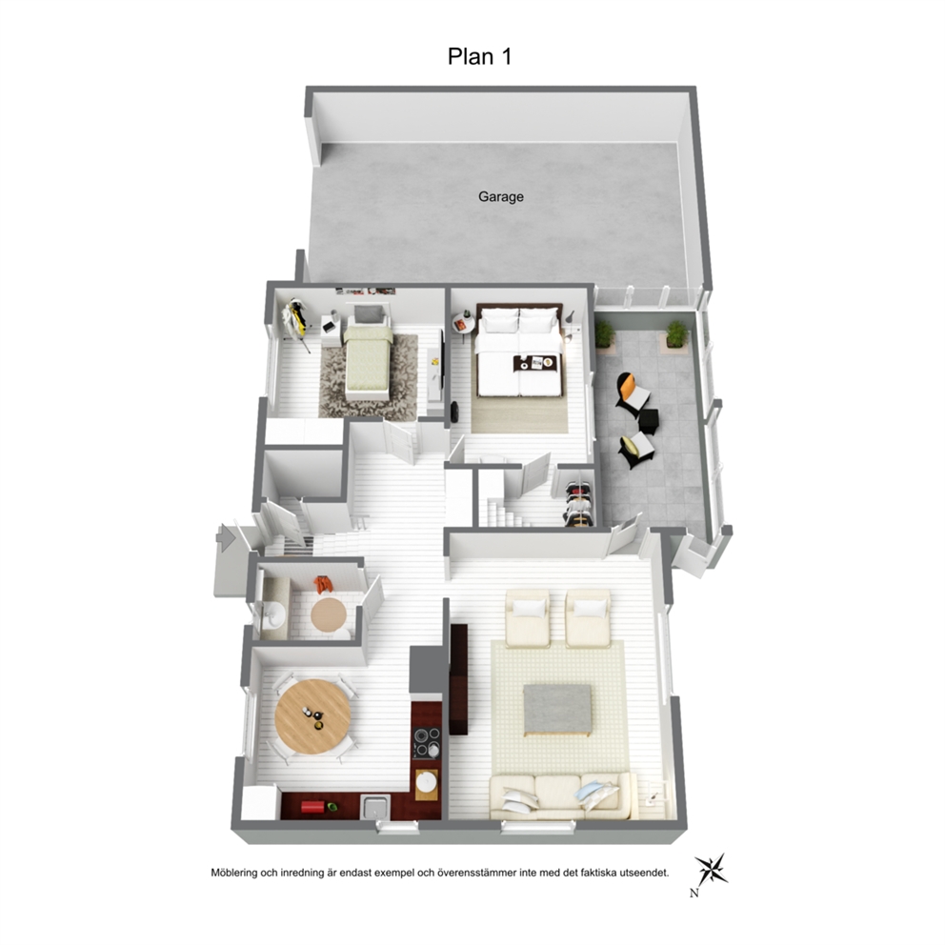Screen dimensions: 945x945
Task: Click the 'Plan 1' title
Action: point(479,56)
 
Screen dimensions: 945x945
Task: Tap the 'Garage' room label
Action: point(501,196)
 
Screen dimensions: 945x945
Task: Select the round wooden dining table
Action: point(312,716)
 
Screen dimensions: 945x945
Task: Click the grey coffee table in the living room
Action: point(557,710)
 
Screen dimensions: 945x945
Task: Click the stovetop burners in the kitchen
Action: point(427,742)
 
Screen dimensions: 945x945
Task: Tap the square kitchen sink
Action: point(375,806)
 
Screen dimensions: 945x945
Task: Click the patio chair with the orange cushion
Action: point(633,392)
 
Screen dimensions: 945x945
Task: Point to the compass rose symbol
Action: point(712,870)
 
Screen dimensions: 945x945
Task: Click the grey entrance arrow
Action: point(226,537)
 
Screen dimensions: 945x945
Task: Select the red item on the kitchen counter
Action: point(312,806)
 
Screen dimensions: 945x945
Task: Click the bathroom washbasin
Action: point(274,614)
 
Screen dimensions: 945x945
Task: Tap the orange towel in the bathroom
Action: point(324,584)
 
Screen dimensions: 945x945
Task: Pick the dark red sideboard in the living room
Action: point(458,679)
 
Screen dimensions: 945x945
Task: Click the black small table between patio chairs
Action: point(649,420)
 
